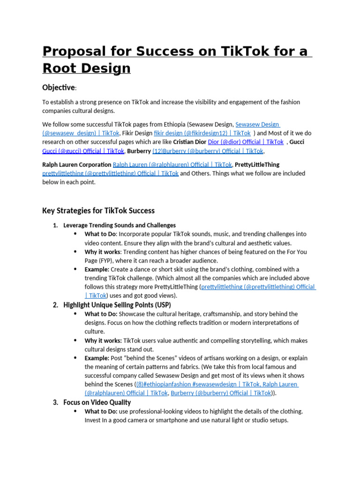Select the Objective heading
tap(58, 88)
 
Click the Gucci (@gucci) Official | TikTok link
tap(83, 151)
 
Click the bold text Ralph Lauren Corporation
tap(76, 165)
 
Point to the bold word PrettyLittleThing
tap(257, 165)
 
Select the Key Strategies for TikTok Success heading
tap(98, 210)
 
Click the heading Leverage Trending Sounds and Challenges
tap(120, 225)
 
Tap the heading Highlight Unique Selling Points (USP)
tap(117, 305)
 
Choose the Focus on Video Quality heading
tap(97, 402)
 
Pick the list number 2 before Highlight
tap(55, 305)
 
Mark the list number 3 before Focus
tap(55, 402)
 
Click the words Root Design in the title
tap(86, 68)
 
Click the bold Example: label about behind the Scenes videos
tap(97, 358)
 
